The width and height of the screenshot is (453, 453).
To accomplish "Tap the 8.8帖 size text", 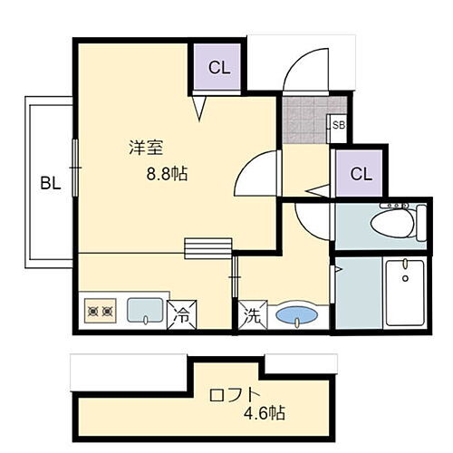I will coord(166,175).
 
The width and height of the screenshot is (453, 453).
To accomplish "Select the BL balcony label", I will coord(50,182).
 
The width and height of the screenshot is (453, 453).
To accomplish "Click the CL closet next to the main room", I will coord(219,66).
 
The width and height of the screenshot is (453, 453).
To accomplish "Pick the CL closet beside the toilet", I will coord(361,173).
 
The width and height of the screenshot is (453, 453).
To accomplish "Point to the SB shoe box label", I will coord(338,125).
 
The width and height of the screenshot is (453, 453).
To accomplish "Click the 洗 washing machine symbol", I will coord(250,316).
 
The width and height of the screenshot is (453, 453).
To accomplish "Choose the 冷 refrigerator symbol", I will coord(180,315).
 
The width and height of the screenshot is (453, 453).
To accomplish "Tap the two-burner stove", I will coord(100,313).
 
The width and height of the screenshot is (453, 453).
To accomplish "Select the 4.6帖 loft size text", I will coord(265,414).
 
